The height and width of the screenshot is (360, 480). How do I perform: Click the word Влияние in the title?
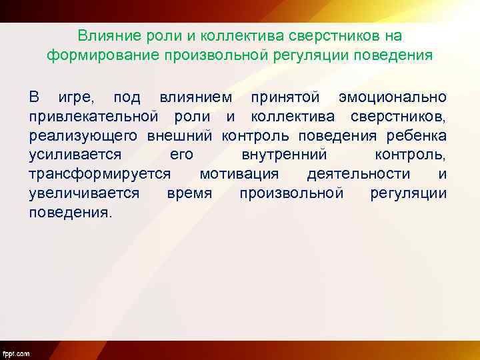tap(101, 35)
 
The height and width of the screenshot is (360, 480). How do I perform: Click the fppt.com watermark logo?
tap(16, 353)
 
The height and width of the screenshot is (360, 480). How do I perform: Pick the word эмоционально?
tap(393, 97)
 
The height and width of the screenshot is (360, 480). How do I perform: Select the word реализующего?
tap(83, 136)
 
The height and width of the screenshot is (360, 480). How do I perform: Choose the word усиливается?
tap(75, 155)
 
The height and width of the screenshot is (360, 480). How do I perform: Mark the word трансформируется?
tap(99, 175)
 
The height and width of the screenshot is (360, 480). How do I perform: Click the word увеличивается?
tap(84, 194)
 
